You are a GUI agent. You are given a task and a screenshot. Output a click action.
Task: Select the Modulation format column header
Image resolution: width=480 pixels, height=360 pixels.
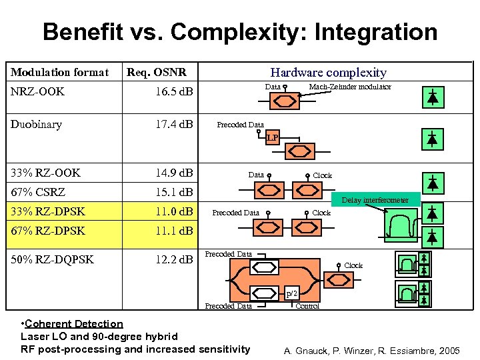pos(59,73)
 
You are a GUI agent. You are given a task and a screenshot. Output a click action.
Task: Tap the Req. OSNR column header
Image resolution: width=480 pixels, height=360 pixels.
pos(157,73)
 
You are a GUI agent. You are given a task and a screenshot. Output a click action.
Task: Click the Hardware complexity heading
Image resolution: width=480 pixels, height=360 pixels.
pos(328,73)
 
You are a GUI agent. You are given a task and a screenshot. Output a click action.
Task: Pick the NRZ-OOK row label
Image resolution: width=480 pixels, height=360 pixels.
pos(37,91)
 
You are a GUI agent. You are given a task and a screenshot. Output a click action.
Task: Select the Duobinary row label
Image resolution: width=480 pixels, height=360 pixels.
pos(36,124)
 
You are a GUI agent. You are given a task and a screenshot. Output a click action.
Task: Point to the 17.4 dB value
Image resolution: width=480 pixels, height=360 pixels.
pos(170,124)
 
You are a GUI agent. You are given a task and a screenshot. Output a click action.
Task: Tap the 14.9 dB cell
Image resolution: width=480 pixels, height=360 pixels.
pos(170,173)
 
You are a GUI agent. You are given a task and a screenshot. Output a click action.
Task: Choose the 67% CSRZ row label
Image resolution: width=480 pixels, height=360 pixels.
pos(38,193)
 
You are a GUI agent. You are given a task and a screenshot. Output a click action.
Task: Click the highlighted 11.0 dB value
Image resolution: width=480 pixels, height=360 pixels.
pos(170,212)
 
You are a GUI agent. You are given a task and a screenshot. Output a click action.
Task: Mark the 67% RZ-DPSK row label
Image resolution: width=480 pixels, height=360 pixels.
pos(48,231)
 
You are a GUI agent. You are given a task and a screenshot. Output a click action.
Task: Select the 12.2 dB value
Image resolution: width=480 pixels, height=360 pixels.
pos(170,259)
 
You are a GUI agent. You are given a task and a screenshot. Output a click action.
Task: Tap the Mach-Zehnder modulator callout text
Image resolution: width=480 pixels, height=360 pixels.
pos(350,87)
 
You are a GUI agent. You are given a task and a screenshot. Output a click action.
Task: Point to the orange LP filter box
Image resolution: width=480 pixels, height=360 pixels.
pos(272,138)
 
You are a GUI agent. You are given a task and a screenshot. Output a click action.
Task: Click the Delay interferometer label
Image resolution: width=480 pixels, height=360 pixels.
pos(375,200)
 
